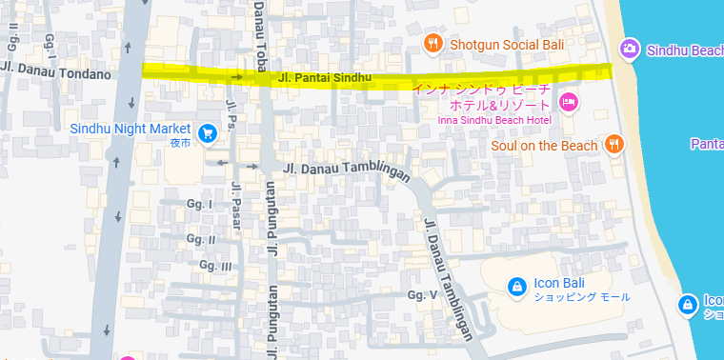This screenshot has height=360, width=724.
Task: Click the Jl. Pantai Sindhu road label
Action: (324, 76)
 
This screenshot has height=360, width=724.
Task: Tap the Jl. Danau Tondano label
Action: (57, 73)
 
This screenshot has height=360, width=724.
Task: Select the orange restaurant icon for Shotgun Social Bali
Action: (433, 44)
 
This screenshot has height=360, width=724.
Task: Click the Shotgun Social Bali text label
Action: (508, 45)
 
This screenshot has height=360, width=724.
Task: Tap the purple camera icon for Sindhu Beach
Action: (629, 49)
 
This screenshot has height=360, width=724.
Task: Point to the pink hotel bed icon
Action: (569, 102)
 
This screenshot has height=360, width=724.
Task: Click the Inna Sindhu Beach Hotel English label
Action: (494, 120)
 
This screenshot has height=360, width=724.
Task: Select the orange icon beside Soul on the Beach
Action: (614, 145)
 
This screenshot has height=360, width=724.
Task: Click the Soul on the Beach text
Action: (544, 146)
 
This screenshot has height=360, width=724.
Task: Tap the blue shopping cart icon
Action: (207, 131)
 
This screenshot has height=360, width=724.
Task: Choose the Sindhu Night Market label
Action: (131, 128)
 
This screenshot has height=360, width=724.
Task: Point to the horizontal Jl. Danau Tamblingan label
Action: (347, 169)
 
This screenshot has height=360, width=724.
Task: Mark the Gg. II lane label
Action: (201, 239)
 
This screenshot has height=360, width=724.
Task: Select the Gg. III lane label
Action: (213, 267)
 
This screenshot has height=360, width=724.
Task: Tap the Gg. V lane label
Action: (421, 295)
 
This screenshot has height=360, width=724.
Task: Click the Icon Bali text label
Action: (557, 282)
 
